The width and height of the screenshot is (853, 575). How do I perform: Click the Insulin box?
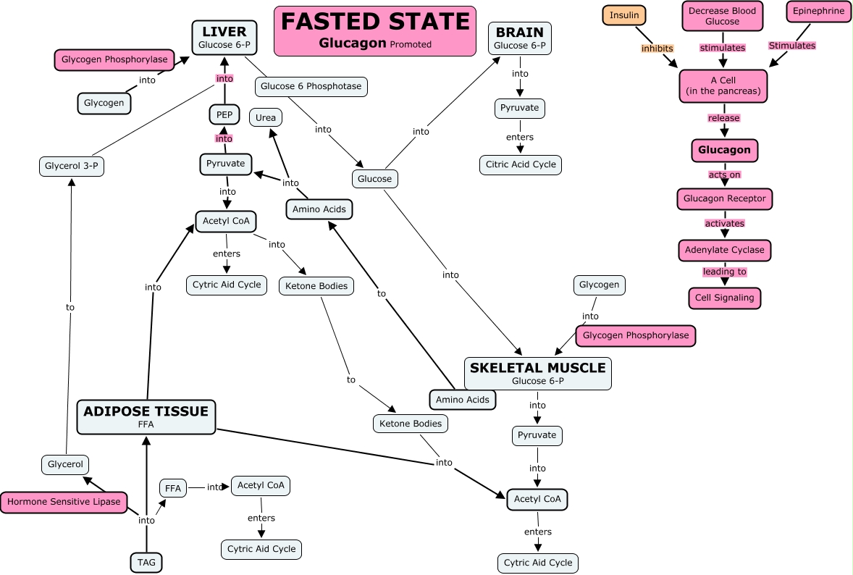pos(624,15)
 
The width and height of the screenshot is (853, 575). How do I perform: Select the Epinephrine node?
pos(818,12)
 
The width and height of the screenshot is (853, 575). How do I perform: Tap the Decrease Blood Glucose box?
pos(723,17)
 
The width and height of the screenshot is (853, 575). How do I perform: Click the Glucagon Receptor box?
pos(725,198)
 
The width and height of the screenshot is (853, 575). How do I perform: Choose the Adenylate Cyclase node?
pos(725,250)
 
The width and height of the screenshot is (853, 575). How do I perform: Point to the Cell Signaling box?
pos(724,298)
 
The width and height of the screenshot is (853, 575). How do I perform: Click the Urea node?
pos(265,117)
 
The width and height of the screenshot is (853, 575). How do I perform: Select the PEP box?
pos(224,114)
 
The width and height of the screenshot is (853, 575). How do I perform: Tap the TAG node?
pos(146,562)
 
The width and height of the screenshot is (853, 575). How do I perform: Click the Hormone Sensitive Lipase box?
pos(64,502)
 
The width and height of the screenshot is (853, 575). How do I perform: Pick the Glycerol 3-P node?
pos(71,167)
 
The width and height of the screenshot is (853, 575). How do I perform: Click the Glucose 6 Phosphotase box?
pos(311,87)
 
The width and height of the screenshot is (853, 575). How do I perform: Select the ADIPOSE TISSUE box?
pos(146,416)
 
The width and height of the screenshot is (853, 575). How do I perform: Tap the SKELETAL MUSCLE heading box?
pos(537,373)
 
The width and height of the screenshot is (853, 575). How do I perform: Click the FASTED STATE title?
pos(374,30)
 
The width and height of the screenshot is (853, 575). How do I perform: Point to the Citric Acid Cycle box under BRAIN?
pos(520,164)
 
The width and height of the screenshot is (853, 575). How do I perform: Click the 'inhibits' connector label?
pos(657,49)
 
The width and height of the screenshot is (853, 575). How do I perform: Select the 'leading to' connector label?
pos(724,272)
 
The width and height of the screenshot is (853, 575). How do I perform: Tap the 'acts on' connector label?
pos(724,175)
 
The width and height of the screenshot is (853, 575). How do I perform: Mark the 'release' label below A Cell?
pos(724,118)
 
